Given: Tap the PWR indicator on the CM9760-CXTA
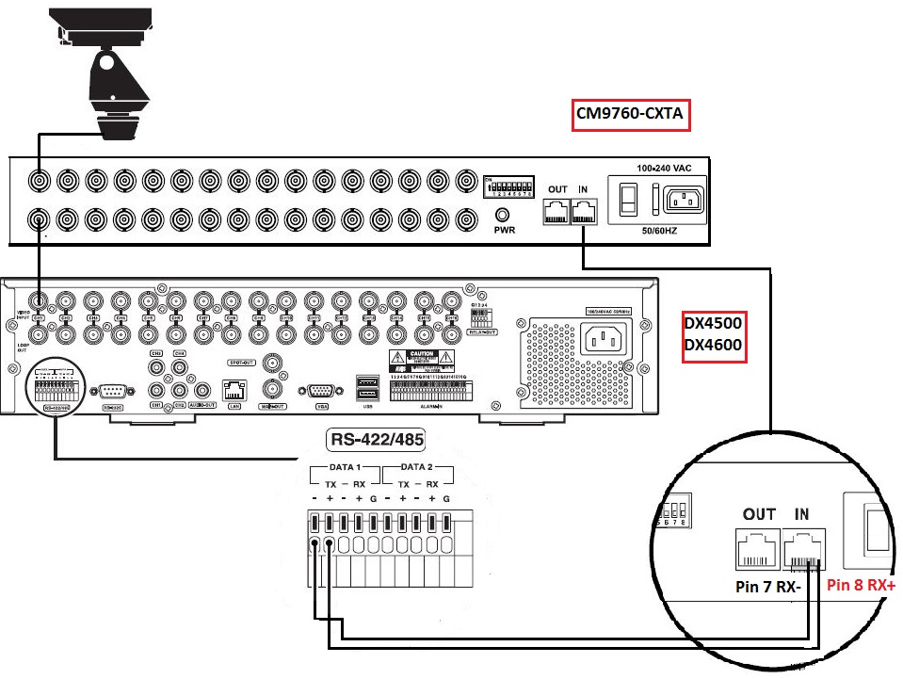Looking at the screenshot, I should click(x=504, y=215).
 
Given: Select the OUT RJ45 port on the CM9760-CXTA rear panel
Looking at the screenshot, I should click(x=556, y=211).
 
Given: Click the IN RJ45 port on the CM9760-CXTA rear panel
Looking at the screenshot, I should click(x=584, y=211).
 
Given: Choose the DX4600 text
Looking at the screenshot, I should click(x=713, y=346).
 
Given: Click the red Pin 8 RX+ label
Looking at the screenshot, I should click(x=862, y=584).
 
